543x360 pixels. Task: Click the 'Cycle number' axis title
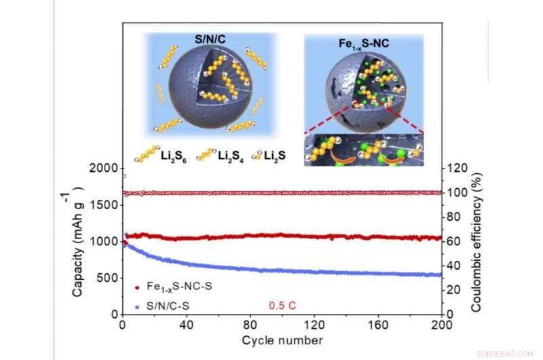tap(281, 339)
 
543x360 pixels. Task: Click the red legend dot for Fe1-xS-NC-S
tap(138, 288)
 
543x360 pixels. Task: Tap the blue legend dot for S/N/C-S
tap(138, 306)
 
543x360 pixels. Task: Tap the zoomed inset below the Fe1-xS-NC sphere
tap(362, 150)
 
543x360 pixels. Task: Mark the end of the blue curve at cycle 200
tap(441, 274)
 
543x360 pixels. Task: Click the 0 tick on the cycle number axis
tap(121, 325)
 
